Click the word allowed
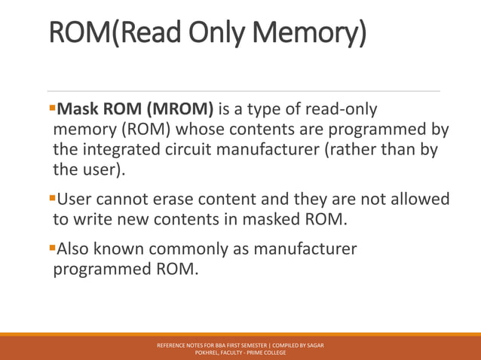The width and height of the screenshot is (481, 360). pos(418,200)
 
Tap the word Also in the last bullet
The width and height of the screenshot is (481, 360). pos(75,249)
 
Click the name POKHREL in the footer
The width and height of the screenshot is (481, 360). pos(208,352)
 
